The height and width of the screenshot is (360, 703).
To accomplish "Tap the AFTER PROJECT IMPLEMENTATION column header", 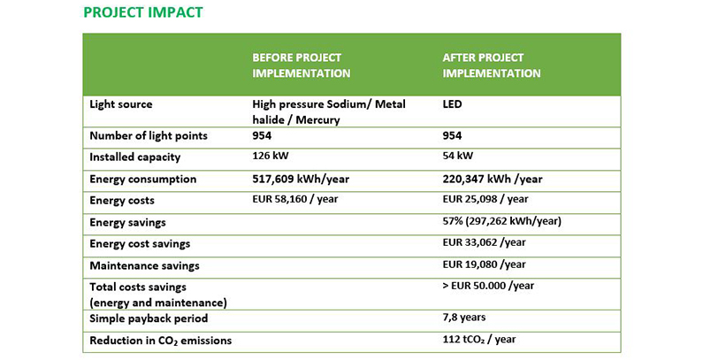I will (x=492, y=65).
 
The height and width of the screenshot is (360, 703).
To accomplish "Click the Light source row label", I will (x=121, y=104).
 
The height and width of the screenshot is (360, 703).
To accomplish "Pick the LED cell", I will (x=452, y=104).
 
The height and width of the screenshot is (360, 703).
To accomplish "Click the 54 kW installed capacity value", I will (x=458, y=157).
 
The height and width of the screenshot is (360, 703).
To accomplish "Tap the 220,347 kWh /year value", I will (x=493, y=179).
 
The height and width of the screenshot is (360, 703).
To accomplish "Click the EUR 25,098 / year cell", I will (x=485, y=200).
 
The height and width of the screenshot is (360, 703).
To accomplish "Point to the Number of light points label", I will (x=149, y=135).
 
